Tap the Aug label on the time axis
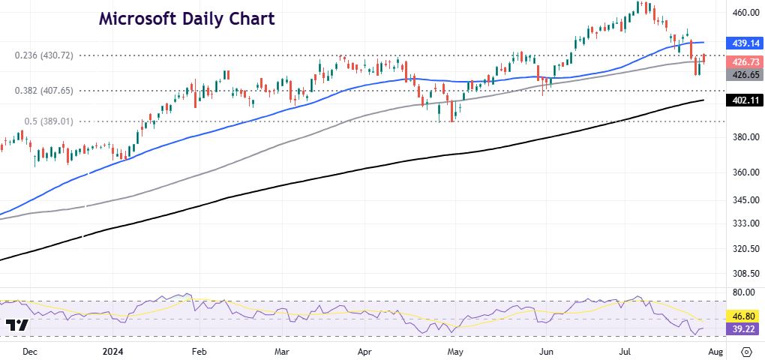(x=715, y=351)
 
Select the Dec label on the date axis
(x=30, y=351)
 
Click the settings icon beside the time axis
(x=747, y=351)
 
